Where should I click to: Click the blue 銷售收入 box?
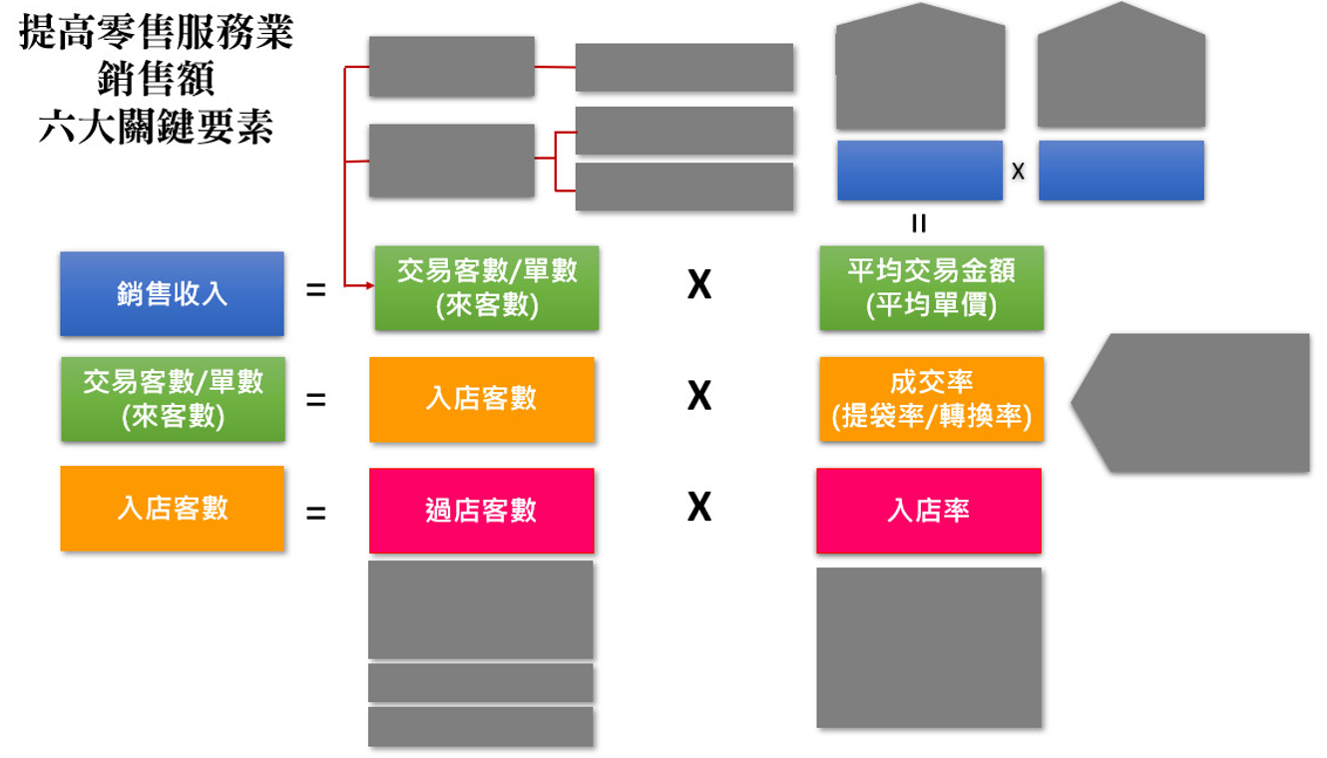point(172,294)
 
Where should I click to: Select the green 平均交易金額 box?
point(931,287)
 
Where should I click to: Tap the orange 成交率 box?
point(931,399)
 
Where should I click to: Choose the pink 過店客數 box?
point(481,511)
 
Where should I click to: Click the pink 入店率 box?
point(928,511)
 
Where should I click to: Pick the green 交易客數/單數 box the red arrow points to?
point(487,287)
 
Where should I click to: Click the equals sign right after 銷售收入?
point(315,292)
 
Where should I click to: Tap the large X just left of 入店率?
point(698,508)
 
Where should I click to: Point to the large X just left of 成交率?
point(698,397)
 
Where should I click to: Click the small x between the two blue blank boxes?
point(1018,172)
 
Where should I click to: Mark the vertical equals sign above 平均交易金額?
point(919,223)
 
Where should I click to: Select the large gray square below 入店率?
point(929,647)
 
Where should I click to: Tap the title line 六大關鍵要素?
point(157,128)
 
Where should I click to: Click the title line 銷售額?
point(157,81)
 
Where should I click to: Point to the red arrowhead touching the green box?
point(368,286)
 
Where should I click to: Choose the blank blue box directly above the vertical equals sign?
point(919,171)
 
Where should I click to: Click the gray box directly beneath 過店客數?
point(481,609)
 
